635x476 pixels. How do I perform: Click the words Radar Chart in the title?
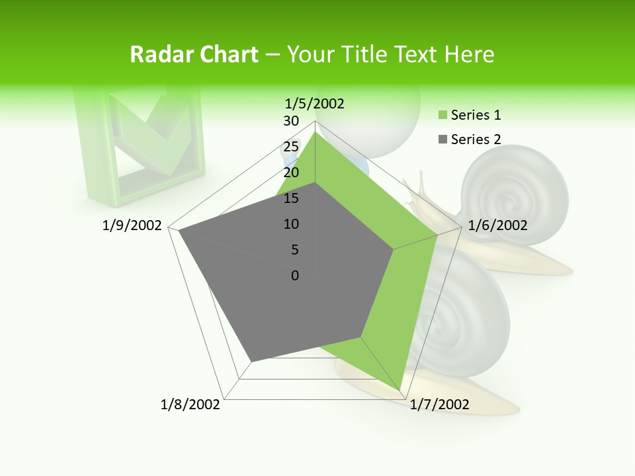194,55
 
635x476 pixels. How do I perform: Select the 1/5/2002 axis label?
314,103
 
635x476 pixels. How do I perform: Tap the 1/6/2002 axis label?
497,225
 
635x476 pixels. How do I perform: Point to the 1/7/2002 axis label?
439,405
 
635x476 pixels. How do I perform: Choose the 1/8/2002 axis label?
190,405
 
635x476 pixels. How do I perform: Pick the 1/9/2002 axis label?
132,225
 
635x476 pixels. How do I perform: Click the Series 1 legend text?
476,115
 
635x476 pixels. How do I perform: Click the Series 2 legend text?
476,139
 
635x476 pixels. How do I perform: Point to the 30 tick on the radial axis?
291,121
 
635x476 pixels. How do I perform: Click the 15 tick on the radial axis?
291,198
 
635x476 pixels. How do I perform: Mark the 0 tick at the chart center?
295,276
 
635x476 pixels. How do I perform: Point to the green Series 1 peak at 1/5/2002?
315,133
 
